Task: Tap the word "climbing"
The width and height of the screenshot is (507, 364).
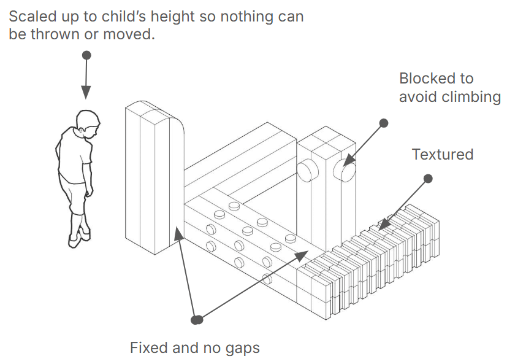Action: pos(471,97)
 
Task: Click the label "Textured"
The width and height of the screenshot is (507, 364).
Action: pos(442,154)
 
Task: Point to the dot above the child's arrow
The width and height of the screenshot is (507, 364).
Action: pos(86,55)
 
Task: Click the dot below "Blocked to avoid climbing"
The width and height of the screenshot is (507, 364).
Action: pos(384,123)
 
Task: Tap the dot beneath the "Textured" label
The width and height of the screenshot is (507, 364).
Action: pos(428,179)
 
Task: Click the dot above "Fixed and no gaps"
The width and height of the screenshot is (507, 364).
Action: pos(197,319)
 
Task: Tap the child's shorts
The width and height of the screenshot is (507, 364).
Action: pos(75,196)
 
